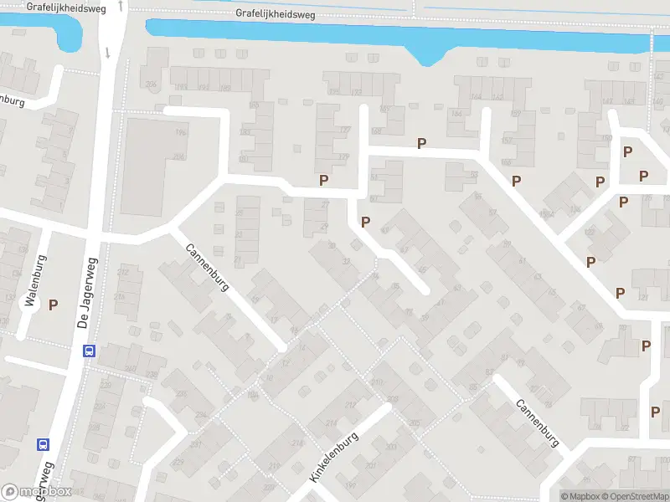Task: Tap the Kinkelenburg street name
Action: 334,456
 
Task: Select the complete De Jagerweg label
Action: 87,292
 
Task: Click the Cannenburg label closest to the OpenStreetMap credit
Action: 537,423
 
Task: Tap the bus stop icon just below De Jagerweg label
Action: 88,351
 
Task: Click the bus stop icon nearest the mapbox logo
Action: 44,444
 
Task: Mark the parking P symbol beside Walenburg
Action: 54,305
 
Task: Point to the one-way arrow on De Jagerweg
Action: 108,53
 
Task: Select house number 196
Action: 179,133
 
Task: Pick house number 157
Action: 506,140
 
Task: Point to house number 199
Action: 350,484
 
